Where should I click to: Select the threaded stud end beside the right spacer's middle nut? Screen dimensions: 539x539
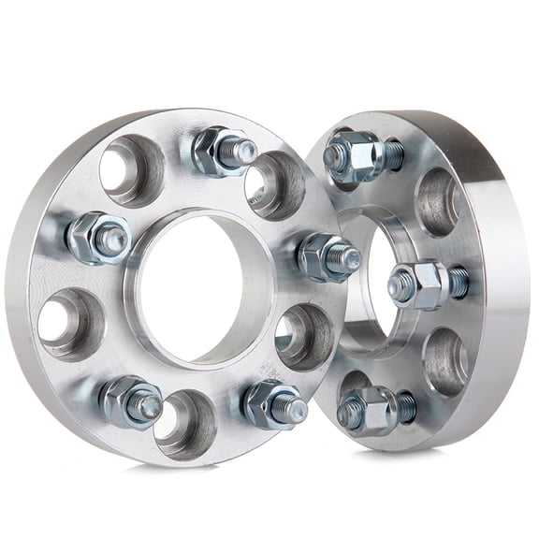pyautogui.click(x=458, y=281)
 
